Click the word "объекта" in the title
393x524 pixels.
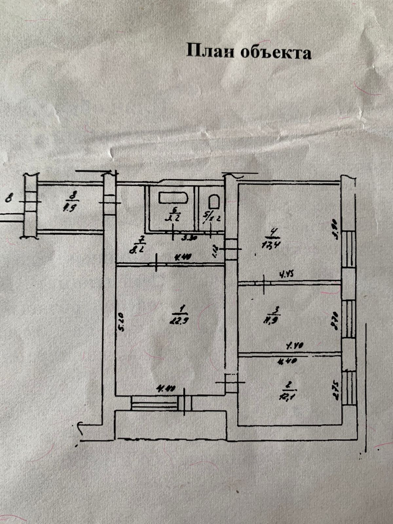pyautogui.click(x=276, y=52)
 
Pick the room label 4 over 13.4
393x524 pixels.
pyautogui.click(x=272, y=239)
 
